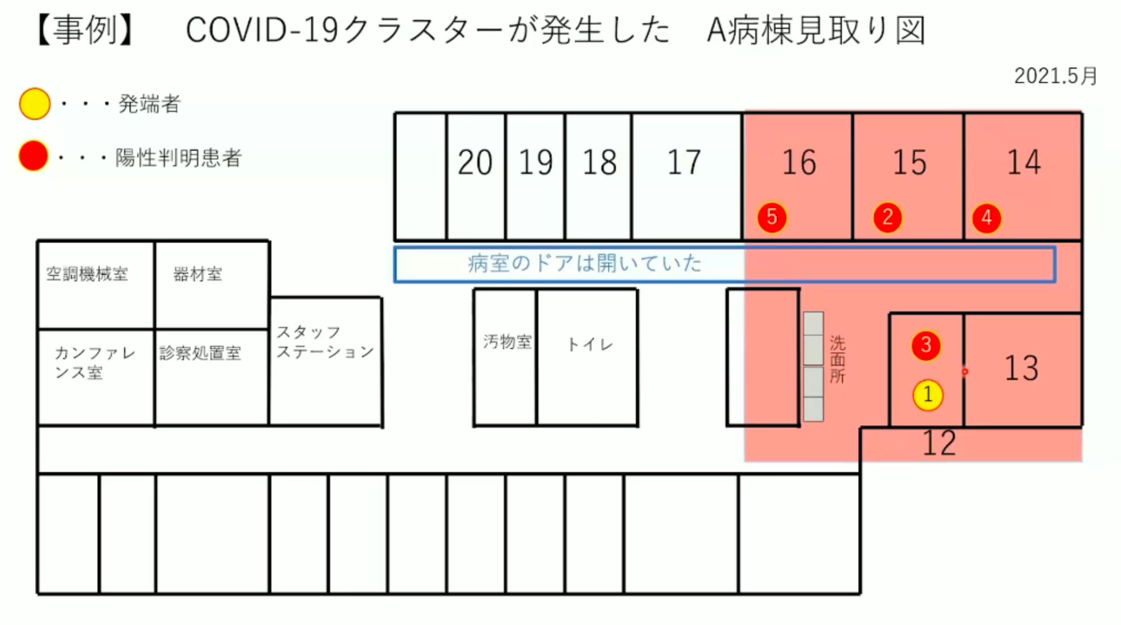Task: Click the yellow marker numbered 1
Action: (x=928, y=395)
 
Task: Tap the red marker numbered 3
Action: (x=926, y=345)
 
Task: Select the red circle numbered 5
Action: (x=771, y=217)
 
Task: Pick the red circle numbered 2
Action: (x=888, y=217)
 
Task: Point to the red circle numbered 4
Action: (x=986, y=218)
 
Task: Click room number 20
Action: (x=475, y=163)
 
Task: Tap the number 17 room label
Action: (x=684, y=163)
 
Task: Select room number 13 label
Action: (x=1021, y=368)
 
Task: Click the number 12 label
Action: (x=939, y=443)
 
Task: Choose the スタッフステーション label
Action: (x=325, y=342)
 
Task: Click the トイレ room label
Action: (x=590, y=344)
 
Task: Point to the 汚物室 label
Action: (x=507, y=342)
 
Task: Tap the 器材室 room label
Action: (x=197, y=274)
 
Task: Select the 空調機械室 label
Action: (x=87, y=274)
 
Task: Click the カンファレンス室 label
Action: (x=95, y=363)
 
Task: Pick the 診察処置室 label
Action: (x=200, y=353)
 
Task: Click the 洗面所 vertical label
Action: (x=837, y=359)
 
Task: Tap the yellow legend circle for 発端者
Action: (x=34, y=104)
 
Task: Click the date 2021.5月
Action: (x=1055, y=76)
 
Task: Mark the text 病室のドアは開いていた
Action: (x=585, y=263)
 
